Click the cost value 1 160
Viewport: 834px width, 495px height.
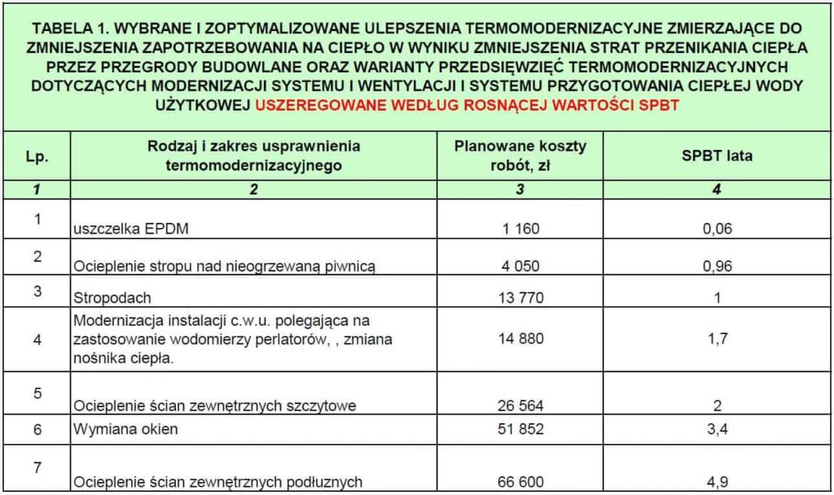coord(520,229)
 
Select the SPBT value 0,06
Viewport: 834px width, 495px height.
coord(717,229)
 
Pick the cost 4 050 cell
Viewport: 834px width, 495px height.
coord(520,265)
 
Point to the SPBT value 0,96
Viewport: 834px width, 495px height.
coord(717,265)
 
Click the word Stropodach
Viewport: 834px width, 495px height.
coord(112,298)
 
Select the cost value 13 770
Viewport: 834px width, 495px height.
coord(520,297)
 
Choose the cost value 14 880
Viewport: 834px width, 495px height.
coord(520,339)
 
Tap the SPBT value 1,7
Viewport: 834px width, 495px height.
coord(717,339)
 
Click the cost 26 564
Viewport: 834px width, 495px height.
coord(520,405)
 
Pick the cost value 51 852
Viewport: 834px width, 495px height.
coord(520,430)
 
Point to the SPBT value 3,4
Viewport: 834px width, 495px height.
coord(717,430)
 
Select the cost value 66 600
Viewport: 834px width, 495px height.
coord(520,482)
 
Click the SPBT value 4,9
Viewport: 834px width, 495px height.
coord(717,482)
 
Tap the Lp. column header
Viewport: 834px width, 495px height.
coord(37,157)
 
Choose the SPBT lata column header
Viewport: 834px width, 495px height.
coord(717,156)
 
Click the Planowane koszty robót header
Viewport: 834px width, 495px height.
coord(520,155)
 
